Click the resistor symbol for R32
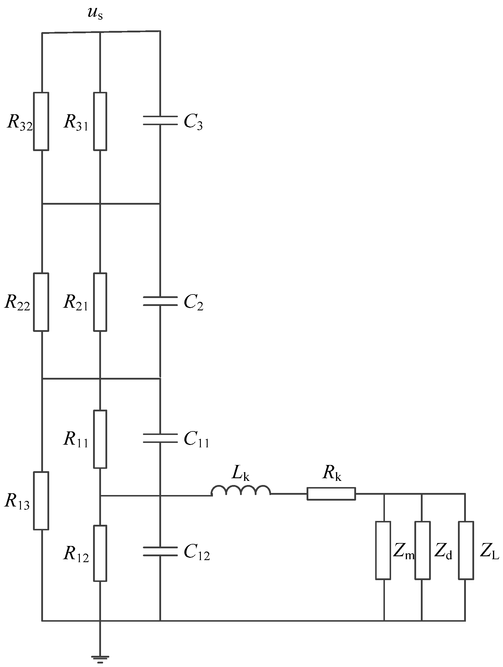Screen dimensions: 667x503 tap(41, 121)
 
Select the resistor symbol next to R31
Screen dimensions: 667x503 tap(100, 121)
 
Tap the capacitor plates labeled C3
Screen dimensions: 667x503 tap(160, 120)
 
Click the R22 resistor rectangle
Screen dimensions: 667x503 tap(41, 302)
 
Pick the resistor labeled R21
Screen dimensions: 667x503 tap(100, 302)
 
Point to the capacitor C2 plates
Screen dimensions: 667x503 tap(160, 301)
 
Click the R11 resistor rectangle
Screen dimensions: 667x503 tap(100, 439)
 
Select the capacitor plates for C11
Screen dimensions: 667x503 tap(160, 438)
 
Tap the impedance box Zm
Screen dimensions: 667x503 tap(383, 550)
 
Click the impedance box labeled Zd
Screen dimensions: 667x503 tap(422, 550)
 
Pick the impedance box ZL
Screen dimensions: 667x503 tap(466, 550)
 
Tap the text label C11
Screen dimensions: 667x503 tap(196, 440)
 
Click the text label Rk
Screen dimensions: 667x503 tap(332, 473)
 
